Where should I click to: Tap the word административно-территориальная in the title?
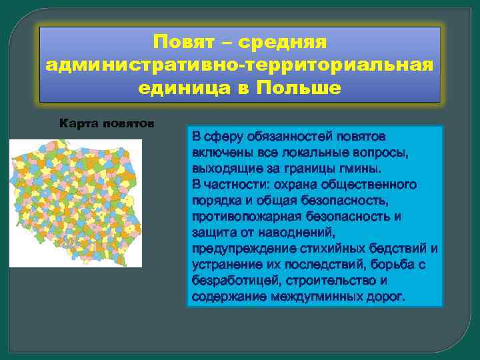240,65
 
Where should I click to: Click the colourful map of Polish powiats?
75,202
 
